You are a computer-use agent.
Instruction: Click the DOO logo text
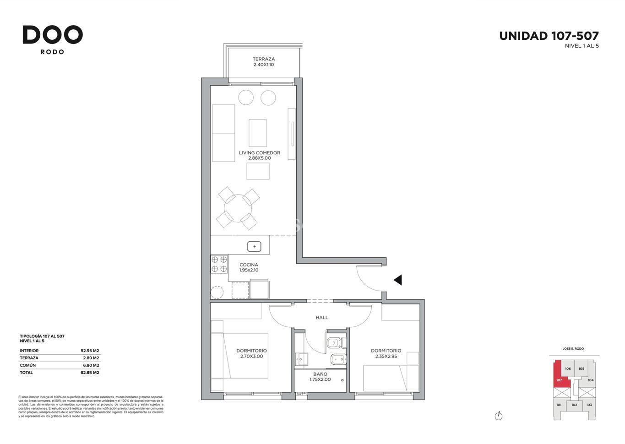(x=53, y=35)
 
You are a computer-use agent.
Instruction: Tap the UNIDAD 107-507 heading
(x=549, y=36)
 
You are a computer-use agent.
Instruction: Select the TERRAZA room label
(x=264, y=59)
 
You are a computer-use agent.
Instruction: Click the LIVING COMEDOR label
(x=260, y=153)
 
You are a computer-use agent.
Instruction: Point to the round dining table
(x=238, y=208)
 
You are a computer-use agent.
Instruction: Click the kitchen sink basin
(x=254, y=247)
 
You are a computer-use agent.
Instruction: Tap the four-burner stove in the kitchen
(x=219, y=264)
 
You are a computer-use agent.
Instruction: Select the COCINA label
(x=249, y=265)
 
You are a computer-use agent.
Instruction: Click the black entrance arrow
(x=398, y=280)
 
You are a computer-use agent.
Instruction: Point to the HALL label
(x=322, y=317)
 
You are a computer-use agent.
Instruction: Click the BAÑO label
(x=320, y=374)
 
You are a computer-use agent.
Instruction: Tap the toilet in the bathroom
(x=336, y=342)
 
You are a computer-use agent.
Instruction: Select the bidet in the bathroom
(x=338, y=359)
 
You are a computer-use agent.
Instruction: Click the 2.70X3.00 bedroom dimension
(x=251, y=356)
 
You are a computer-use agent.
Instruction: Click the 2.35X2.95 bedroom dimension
(x=386, y=356)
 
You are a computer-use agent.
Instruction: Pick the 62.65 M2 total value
(x=90, y=372)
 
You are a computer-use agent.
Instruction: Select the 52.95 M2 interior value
(x=90, y=351)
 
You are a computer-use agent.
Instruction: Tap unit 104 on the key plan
(x=590, y=380)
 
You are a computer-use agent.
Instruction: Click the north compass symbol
(x=498, y=416)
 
